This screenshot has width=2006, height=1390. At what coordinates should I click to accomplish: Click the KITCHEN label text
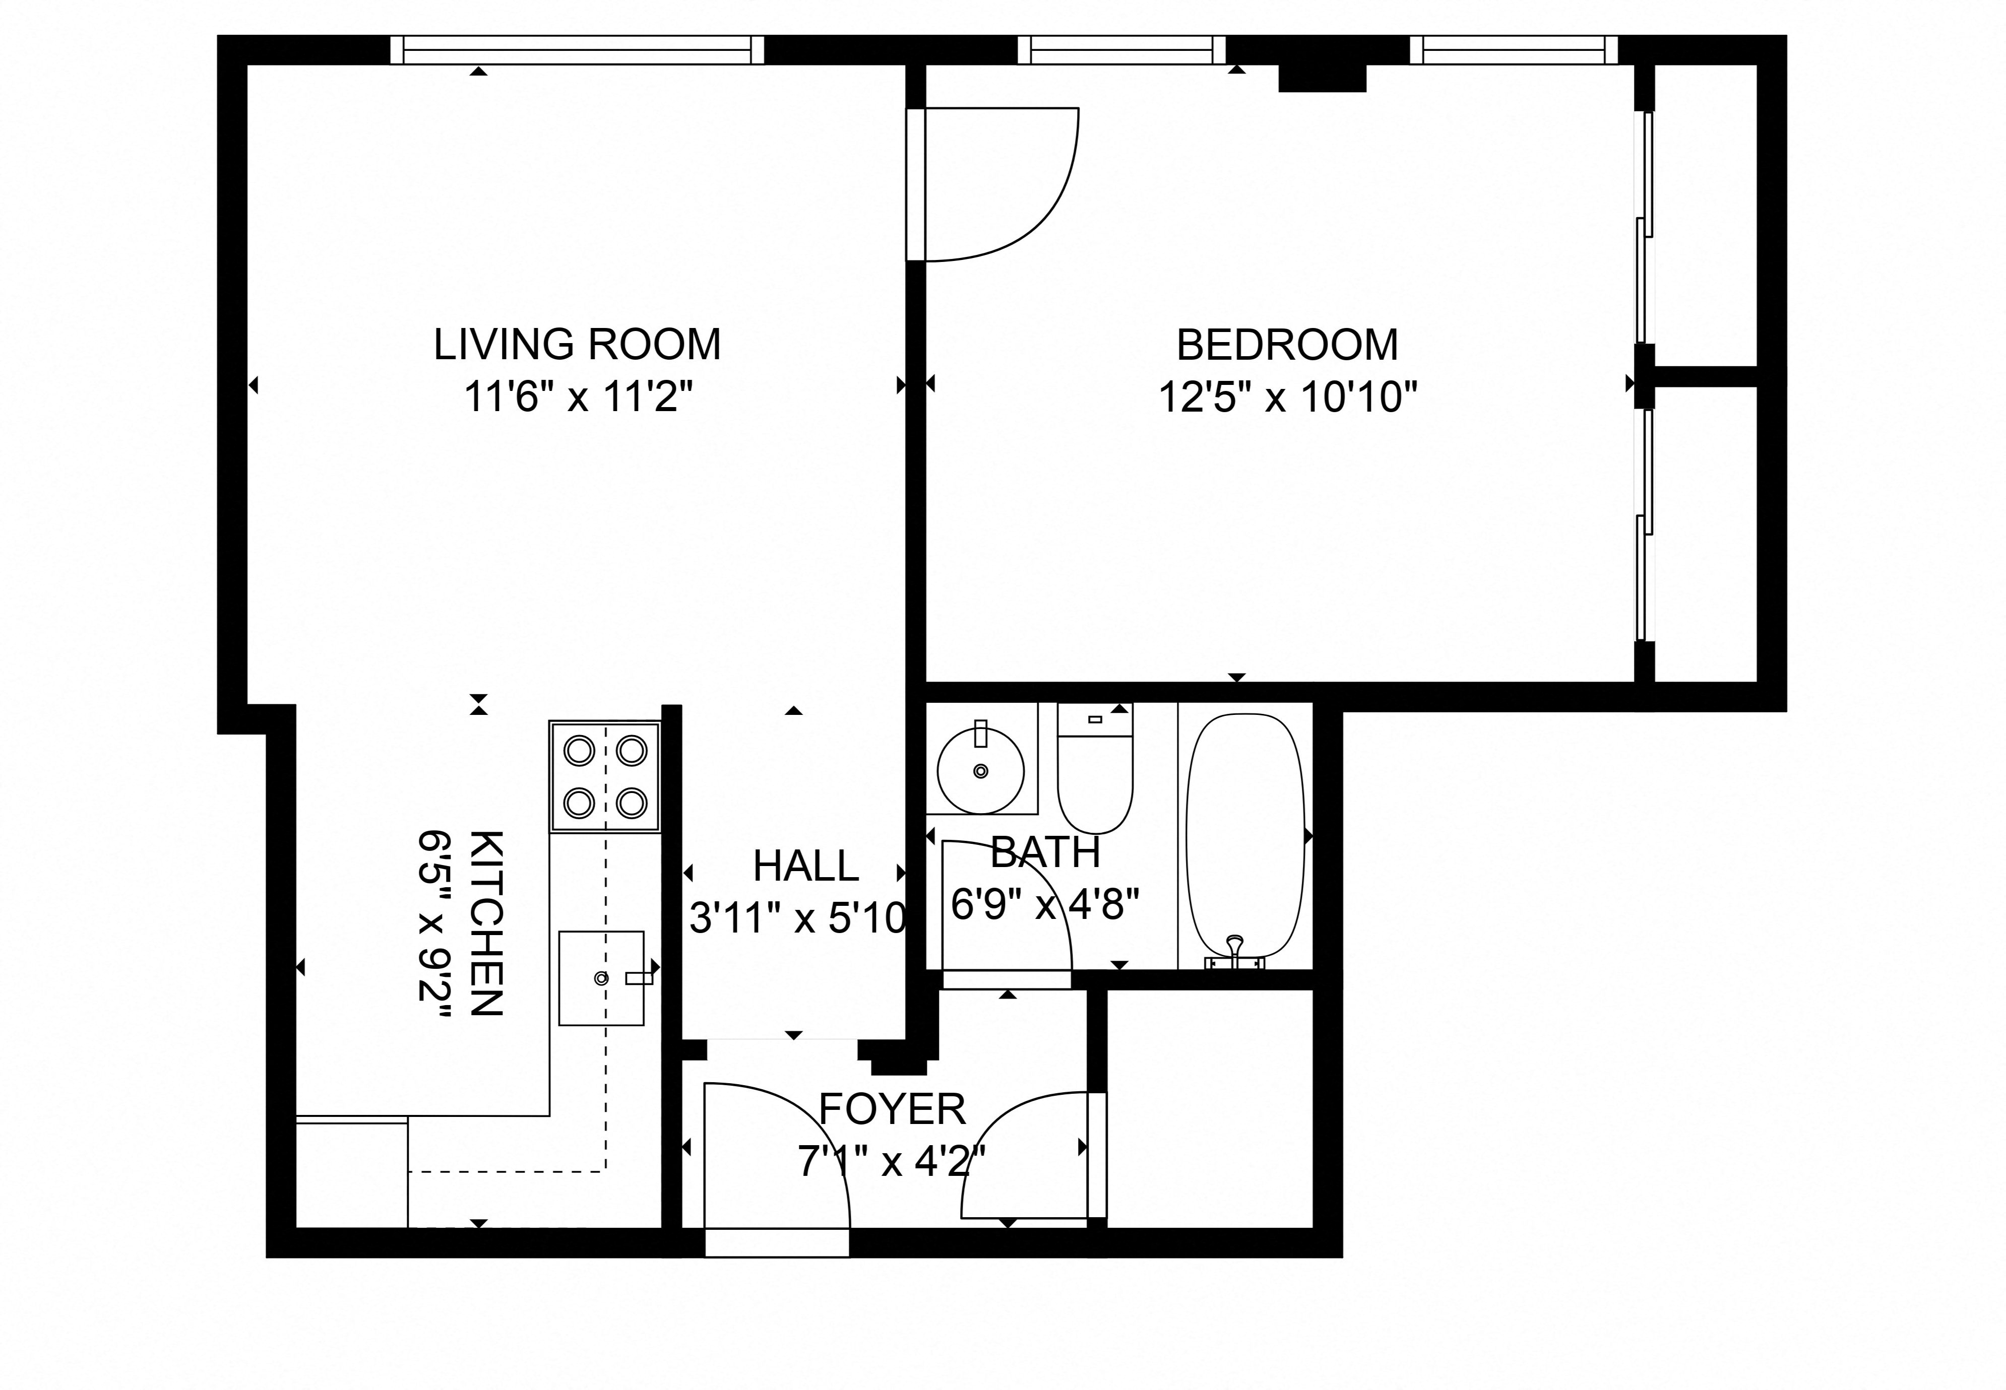point(486,923)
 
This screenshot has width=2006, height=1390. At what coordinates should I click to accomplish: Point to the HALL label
point(806,866)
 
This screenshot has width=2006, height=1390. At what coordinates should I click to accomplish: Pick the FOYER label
point(892,1109)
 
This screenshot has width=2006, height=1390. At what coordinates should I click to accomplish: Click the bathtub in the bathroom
point(1245,836)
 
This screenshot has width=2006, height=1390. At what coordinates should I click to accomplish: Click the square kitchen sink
point(601,977)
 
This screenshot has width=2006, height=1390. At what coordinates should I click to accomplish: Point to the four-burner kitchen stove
point(604,775)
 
